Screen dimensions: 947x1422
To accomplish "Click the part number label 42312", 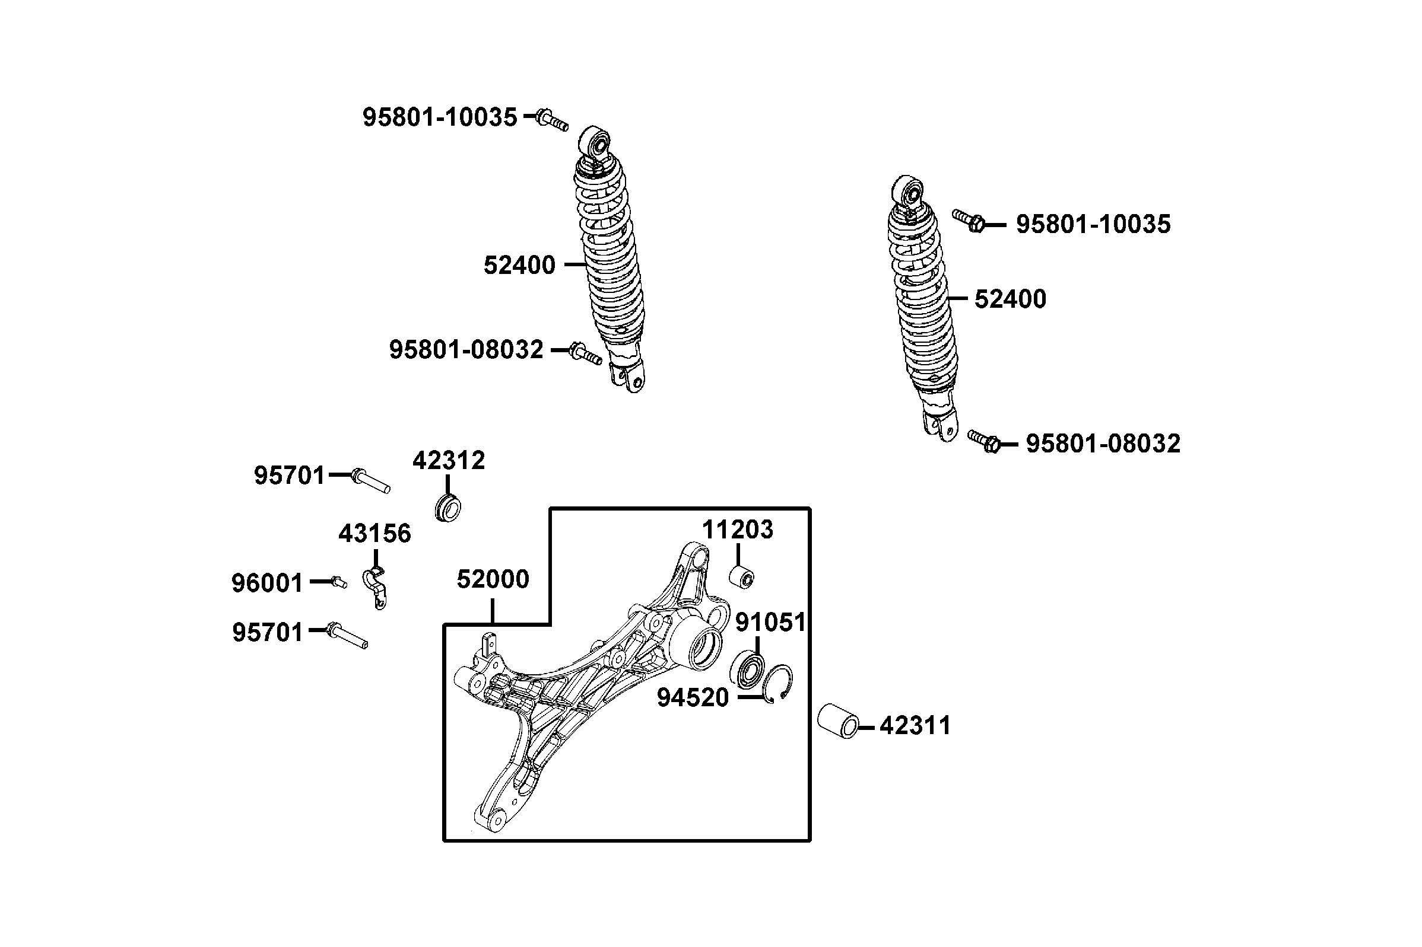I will (x=449, y=461).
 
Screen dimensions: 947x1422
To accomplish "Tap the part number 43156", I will (x=374, y=534).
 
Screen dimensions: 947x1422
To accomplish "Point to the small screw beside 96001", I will (x=339, y=582).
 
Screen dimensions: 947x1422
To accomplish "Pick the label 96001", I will (x=267, y=583).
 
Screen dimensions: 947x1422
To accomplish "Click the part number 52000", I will (x=493, y=579).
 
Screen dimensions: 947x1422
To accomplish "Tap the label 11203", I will (x=737, y=530).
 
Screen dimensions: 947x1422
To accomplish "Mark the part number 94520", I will (x=693, y=698).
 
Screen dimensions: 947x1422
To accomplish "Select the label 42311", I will (x=915, y=725).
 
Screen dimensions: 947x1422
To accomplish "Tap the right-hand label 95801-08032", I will (x=1103, y=444).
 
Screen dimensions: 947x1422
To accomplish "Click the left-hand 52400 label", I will (x=519, y=265).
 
